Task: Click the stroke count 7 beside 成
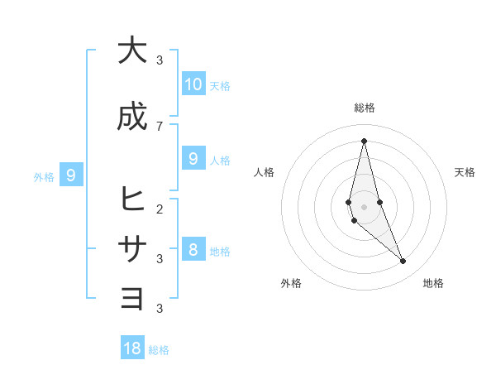pyautogui.click(x=160, y=126)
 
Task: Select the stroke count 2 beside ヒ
pyautogui.click(x=160, y=209)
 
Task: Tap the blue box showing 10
pyautogui.click(x=193, y=84)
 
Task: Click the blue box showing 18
pyautogui.click(x=132, y=348)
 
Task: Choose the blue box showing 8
pyautogui.click(x=193, y=249)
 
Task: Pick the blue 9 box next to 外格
pyautogui.click(x=72, y=175)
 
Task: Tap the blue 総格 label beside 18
pyautogui.click(x=159, y=350)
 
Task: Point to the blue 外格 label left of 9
pyautogui.click(x=44, y=176)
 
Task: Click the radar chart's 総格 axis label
pyautogui.click(x=365, y=108)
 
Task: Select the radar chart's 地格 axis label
pyautogui.click(x=433, y=283)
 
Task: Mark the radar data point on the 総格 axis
pyautogui.click(x=364, y=140)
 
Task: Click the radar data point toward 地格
pyautogui.click(x=403, y=262)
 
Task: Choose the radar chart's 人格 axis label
pyautogui.click(x=265, y=172)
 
